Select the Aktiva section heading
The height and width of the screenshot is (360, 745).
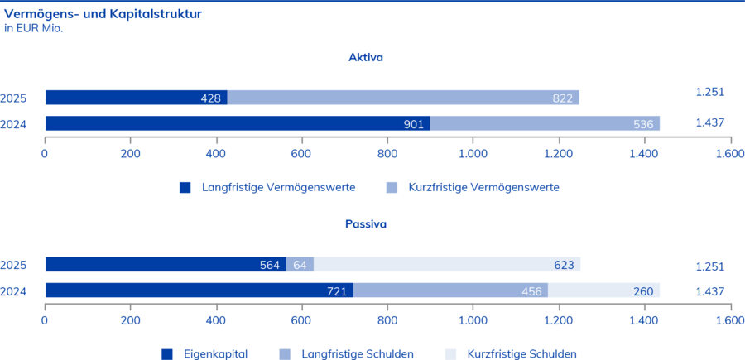point(365,58)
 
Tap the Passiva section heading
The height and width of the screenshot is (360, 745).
point(365,223)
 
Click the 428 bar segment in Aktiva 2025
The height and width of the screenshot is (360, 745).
point(137,98)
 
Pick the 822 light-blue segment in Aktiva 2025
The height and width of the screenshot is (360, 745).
point(403,98)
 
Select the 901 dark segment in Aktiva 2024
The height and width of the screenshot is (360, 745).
point(238,123)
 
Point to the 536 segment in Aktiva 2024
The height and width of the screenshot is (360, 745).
point(545,123)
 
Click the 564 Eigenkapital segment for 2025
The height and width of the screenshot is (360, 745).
point(166,265)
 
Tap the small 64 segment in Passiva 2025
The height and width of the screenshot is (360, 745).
point(300,265)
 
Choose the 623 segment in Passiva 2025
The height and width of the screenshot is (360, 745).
point(447,265)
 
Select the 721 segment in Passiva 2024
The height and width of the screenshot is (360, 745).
point(199,290)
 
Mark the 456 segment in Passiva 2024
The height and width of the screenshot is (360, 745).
point(451,290)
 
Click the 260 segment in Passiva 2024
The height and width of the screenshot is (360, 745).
point(604,290)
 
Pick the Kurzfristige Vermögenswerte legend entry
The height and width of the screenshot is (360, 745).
point(483,188)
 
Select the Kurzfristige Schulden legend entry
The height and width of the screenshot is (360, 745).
point(521,354)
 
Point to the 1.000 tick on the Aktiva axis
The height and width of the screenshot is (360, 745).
point(472,154)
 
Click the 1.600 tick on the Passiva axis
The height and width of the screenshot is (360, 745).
point(728,320)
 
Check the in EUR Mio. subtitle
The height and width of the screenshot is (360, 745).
point(34,28)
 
